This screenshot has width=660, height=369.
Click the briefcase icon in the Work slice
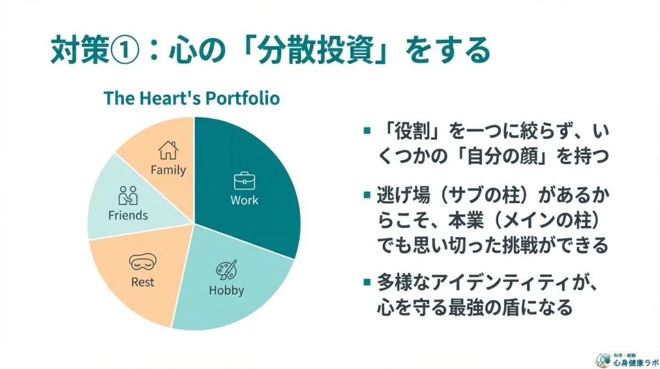click(244, 181)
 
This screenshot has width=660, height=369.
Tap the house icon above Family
click(168, 150)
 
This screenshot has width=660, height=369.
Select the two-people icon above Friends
click(128, 195)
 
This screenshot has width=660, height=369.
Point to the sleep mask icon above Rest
click(142, 261)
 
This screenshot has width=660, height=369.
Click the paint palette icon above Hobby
click(226, 270)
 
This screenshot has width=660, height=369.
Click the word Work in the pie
click(244, 200)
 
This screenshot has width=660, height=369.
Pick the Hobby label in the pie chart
click(226, 290)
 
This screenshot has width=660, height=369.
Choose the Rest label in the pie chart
click(142, 282)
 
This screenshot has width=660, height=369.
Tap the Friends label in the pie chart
click(128, 215)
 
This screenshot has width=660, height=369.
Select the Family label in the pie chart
click(168, 170)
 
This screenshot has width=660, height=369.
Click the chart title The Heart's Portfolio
click(191, 98)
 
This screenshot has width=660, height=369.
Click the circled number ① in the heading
click(124, 50)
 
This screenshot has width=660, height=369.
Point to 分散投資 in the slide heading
click(316, 50)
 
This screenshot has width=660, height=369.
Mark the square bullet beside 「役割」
click(367, 131)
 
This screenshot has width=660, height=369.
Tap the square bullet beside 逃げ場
click(367, 195)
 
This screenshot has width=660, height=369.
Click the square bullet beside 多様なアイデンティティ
click(367, 282)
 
